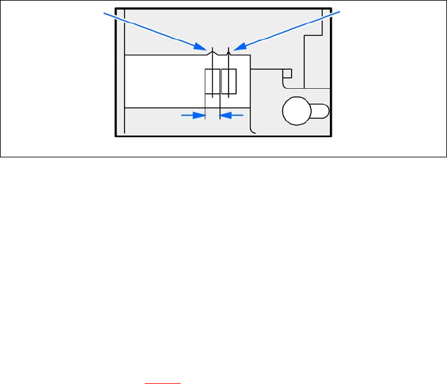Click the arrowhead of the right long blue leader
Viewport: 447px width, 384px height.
(237, 47)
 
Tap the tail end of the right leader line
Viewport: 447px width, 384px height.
(341, 11)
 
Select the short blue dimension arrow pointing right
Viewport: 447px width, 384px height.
(194, 115)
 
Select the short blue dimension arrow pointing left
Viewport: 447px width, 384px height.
(231, 115)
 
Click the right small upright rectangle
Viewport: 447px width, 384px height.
(229, 82)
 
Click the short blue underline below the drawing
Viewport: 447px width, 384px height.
(162, 381)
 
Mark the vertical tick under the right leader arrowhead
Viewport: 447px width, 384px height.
(228, 50)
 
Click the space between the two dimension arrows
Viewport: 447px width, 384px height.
(212, 115)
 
